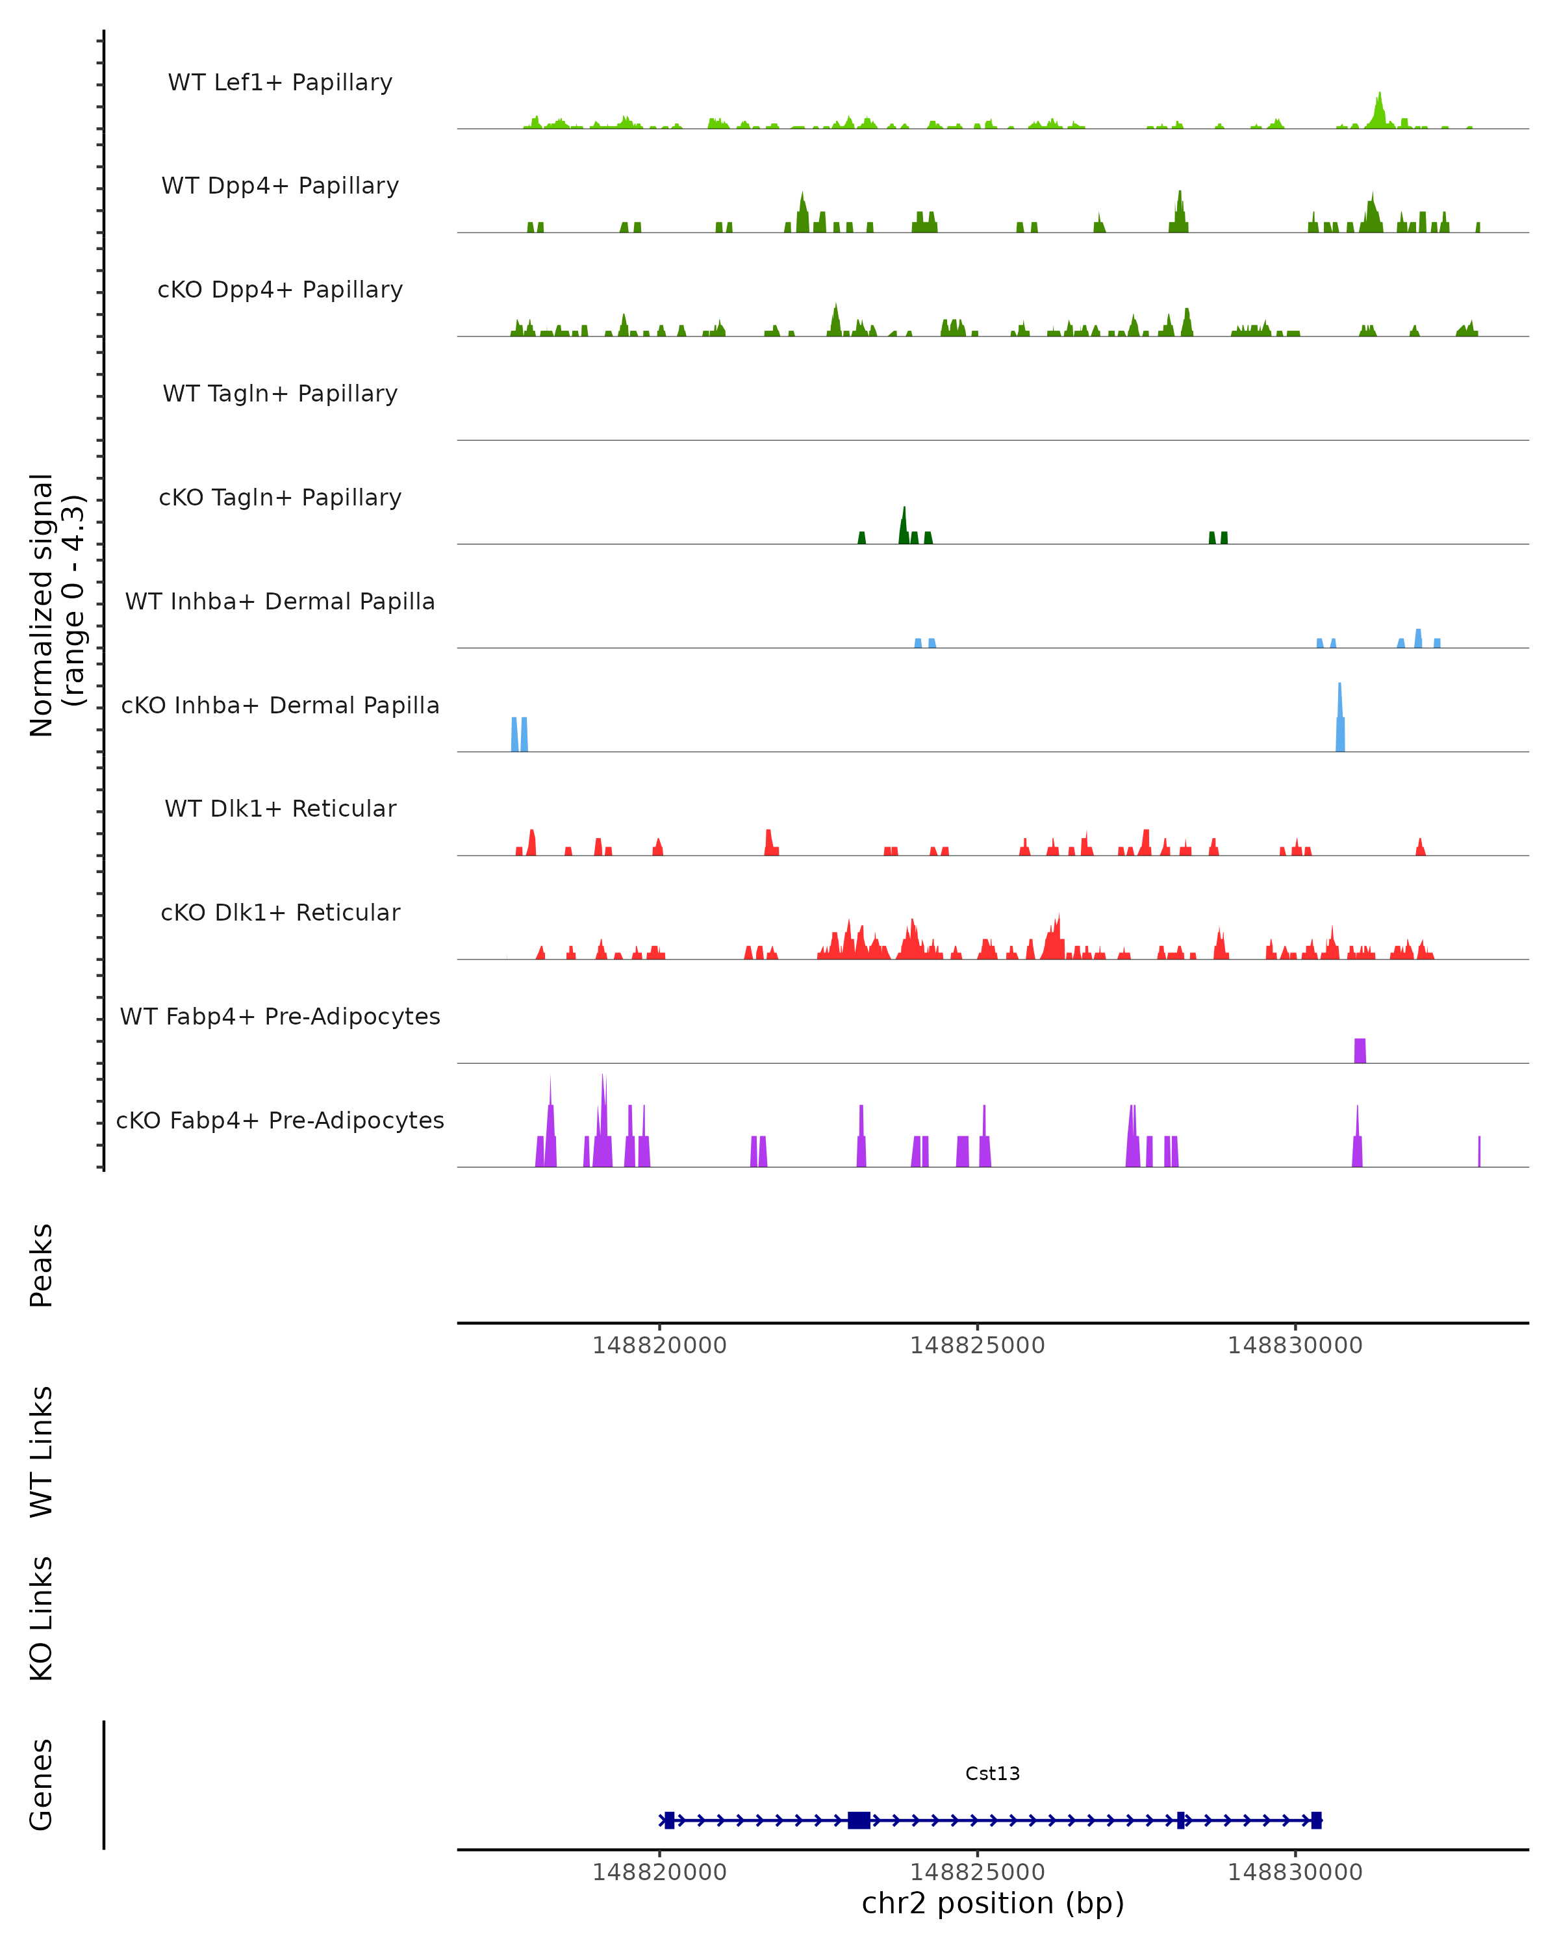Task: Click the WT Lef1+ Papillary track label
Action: pos(280,83)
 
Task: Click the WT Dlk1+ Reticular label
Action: pos(280,808)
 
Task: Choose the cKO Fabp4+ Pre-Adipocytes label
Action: pos(280,1120)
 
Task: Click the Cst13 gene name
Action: pos(993,1774)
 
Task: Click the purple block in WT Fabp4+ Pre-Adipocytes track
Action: pos(1360,1051)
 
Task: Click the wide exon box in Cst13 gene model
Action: pos(859,1820)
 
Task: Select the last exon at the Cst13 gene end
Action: pos(1317,1820)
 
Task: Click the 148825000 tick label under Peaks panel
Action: pos(977,1345)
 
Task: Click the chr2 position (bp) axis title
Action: pos(993,1904)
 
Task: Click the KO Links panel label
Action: pos(42,1619)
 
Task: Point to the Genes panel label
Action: pos(42,1785)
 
